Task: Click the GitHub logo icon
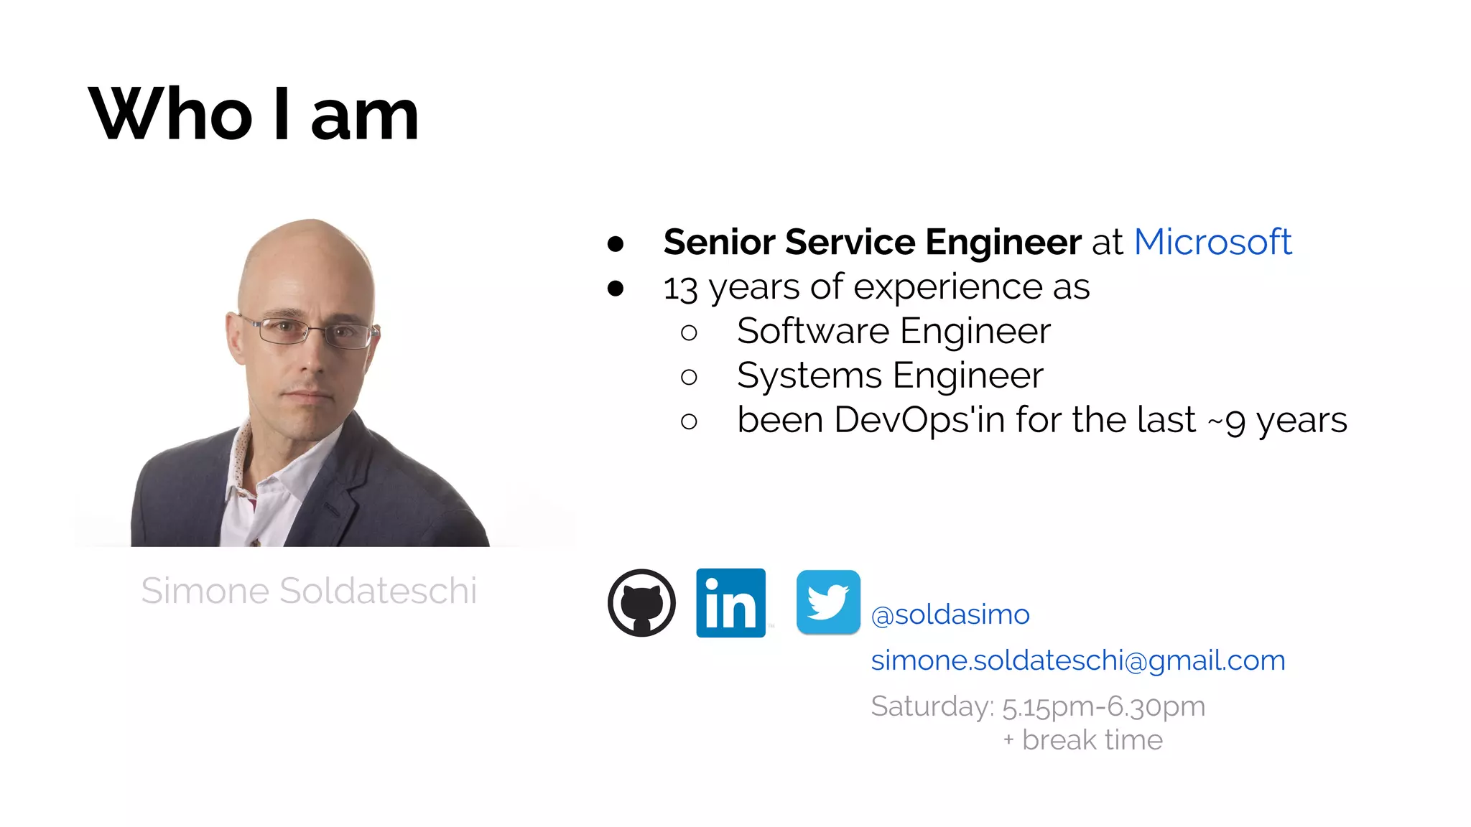click(641, 603)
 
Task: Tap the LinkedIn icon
click(730, 603)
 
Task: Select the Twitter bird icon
click(828, 602)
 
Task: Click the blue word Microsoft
click(1212, 242)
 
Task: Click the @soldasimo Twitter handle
click(950, 615)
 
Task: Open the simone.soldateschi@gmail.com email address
click(1077, 660)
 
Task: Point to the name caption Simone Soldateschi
click(309, 591)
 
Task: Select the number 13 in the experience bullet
click(680, 289)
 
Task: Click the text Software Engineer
click(894, 331)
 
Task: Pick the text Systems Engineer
click(890, 375)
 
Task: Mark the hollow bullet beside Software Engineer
click(689, 332)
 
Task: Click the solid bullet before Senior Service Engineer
click(616, 244)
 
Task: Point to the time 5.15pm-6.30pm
click(1103, 707)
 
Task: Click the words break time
click(1092, 740)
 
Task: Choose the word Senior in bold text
click(719, 242)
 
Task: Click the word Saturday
click(931, 706)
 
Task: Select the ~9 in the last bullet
click(1227, 421)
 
